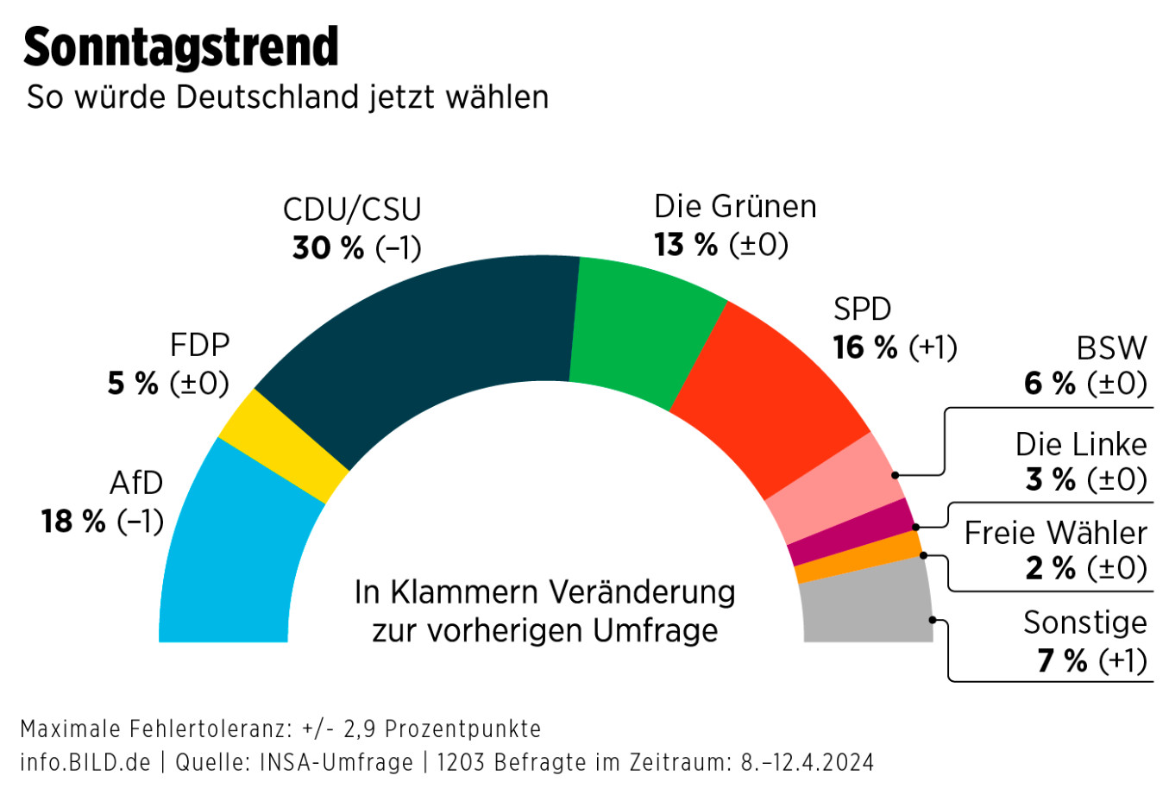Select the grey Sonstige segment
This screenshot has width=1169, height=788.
pyautogui.click(x=867, y=604)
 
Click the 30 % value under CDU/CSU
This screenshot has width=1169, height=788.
pyautogui.click(x=328, y=248)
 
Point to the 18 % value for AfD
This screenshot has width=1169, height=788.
pyautogui.click(x=73, y=522)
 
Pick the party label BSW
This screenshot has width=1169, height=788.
pyautogui.click(x=1111, y=348)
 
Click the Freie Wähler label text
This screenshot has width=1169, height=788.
pyautogui.click(x=1055, y=533)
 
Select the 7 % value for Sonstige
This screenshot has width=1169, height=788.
pyautogui.click(x=1063, y=661)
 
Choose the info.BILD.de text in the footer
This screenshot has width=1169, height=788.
pyautogui.click(x=85, y=763)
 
